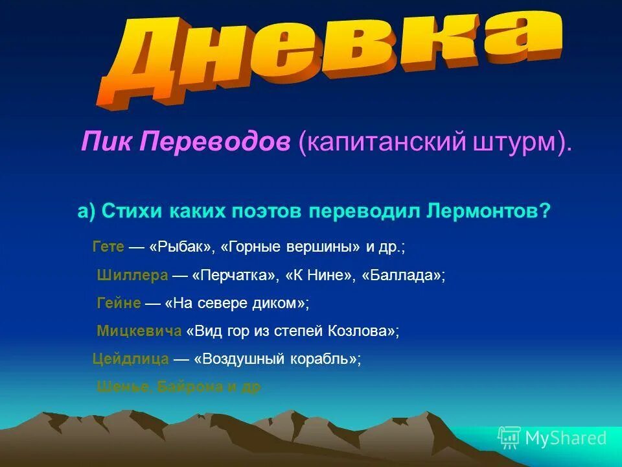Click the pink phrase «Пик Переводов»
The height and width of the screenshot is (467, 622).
[x=185, y=142]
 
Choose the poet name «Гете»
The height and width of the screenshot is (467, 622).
[x=108, y=248]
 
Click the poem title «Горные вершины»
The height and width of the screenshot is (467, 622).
[x=292, y=248]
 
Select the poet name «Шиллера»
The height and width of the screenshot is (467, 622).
[x=132, y=275]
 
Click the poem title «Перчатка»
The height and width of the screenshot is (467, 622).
[x=234, y=275]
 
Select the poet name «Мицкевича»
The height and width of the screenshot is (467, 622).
[x=139, y=331]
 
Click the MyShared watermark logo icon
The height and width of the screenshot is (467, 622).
[x=509, y=438]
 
